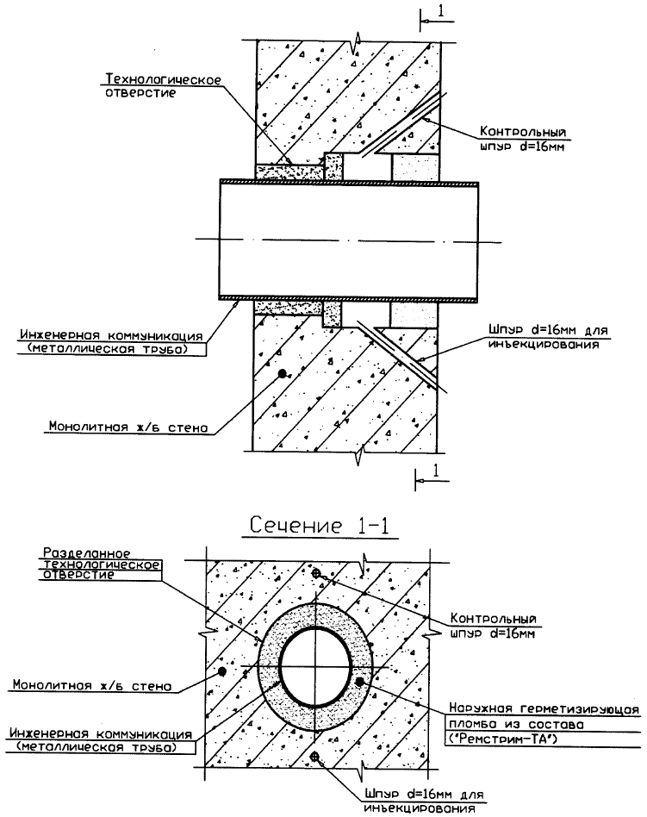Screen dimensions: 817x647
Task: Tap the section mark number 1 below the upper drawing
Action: pyautogui.click(x=438, y=471)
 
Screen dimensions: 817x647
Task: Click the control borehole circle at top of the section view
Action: pyautogui.click(x=317, y=574)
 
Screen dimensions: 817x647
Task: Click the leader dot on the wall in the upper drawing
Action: pyautogui.click(x=282, y=375)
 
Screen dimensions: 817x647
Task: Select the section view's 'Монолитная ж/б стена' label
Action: pyautogui.click(x=90, y=686)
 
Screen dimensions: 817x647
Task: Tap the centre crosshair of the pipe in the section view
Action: pyautogui.click(x=316, y=664)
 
